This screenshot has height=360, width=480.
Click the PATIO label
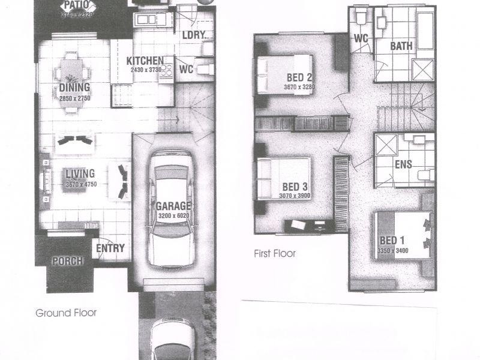pyautogui.click(x=78, y=5)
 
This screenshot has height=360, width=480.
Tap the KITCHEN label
pyautogui.click(x=145, y=61)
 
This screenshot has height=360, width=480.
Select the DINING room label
pyautogui.click(x=74, y=88)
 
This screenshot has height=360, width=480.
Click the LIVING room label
pyautogui.click(x=80, y=175)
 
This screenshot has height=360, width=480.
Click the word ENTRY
pyautogui.click(x=110, y=248)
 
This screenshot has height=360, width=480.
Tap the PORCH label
pyautogui.click(x=67, y=262)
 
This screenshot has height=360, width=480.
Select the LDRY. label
pyautogui.click(x=194, y=35)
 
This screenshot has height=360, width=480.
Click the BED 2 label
pyautogui.click(x=299, y=77)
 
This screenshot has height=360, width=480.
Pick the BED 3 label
pyautogui.click(x=295, y=186)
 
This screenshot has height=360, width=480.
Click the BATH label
pyautogui.click(x=401, y=46)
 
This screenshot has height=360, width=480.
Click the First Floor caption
pyautogui.click(x=275, y=254)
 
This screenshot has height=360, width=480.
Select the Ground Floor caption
pyautogui.click(x=66, y=313)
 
